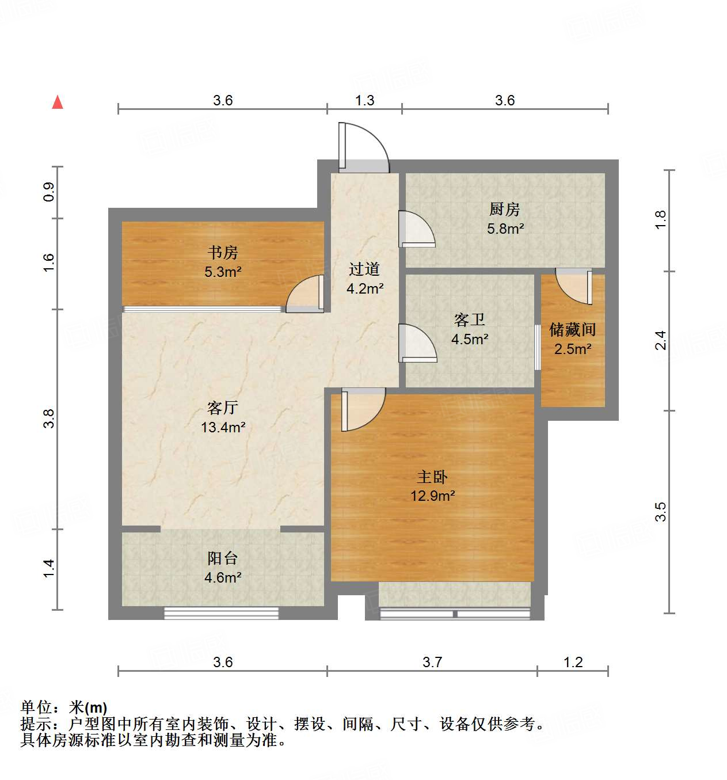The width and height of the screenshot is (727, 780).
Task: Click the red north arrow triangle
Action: [x=58, y=102]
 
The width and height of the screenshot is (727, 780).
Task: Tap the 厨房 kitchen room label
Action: [x=505, y=210]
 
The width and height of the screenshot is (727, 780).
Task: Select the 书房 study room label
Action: [x=223, y=253]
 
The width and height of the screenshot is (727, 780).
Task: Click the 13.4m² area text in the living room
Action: [x=223, y=427]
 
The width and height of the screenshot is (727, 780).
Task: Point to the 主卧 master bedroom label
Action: [x=432, y=477]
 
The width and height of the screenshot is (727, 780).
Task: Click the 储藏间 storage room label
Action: [x=572, y=330]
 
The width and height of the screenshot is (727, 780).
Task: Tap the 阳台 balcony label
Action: [x=223, y=558]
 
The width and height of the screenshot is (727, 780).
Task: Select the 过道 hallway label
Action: [x=364, y=269]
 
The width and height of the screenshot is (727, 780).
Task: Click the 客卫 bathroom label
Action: [x=470, y=320]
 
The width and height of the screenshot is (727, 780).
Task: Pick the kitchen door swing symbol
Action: [x=417, y=230]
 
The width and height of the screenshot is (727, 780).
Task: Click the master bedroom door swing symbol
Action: [x=363, y=409]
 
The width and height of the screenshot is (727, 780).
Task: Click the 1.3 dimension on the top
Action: [x=364, y=100]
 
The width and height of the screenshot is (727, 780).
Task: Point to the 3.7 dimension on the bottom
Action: [x=432, y=662]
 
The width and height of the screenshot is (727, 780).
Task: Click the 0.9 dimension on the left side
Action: [x=49, y=191]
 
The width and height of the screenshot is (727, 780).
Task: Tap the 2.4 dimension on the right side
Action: [x=661, y=340]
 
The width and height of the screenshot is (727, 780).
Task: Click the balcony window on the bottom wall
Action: [x=222, y=613]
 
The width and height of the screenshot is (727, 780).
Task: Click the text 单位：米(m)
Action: [x=64, y=707]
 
